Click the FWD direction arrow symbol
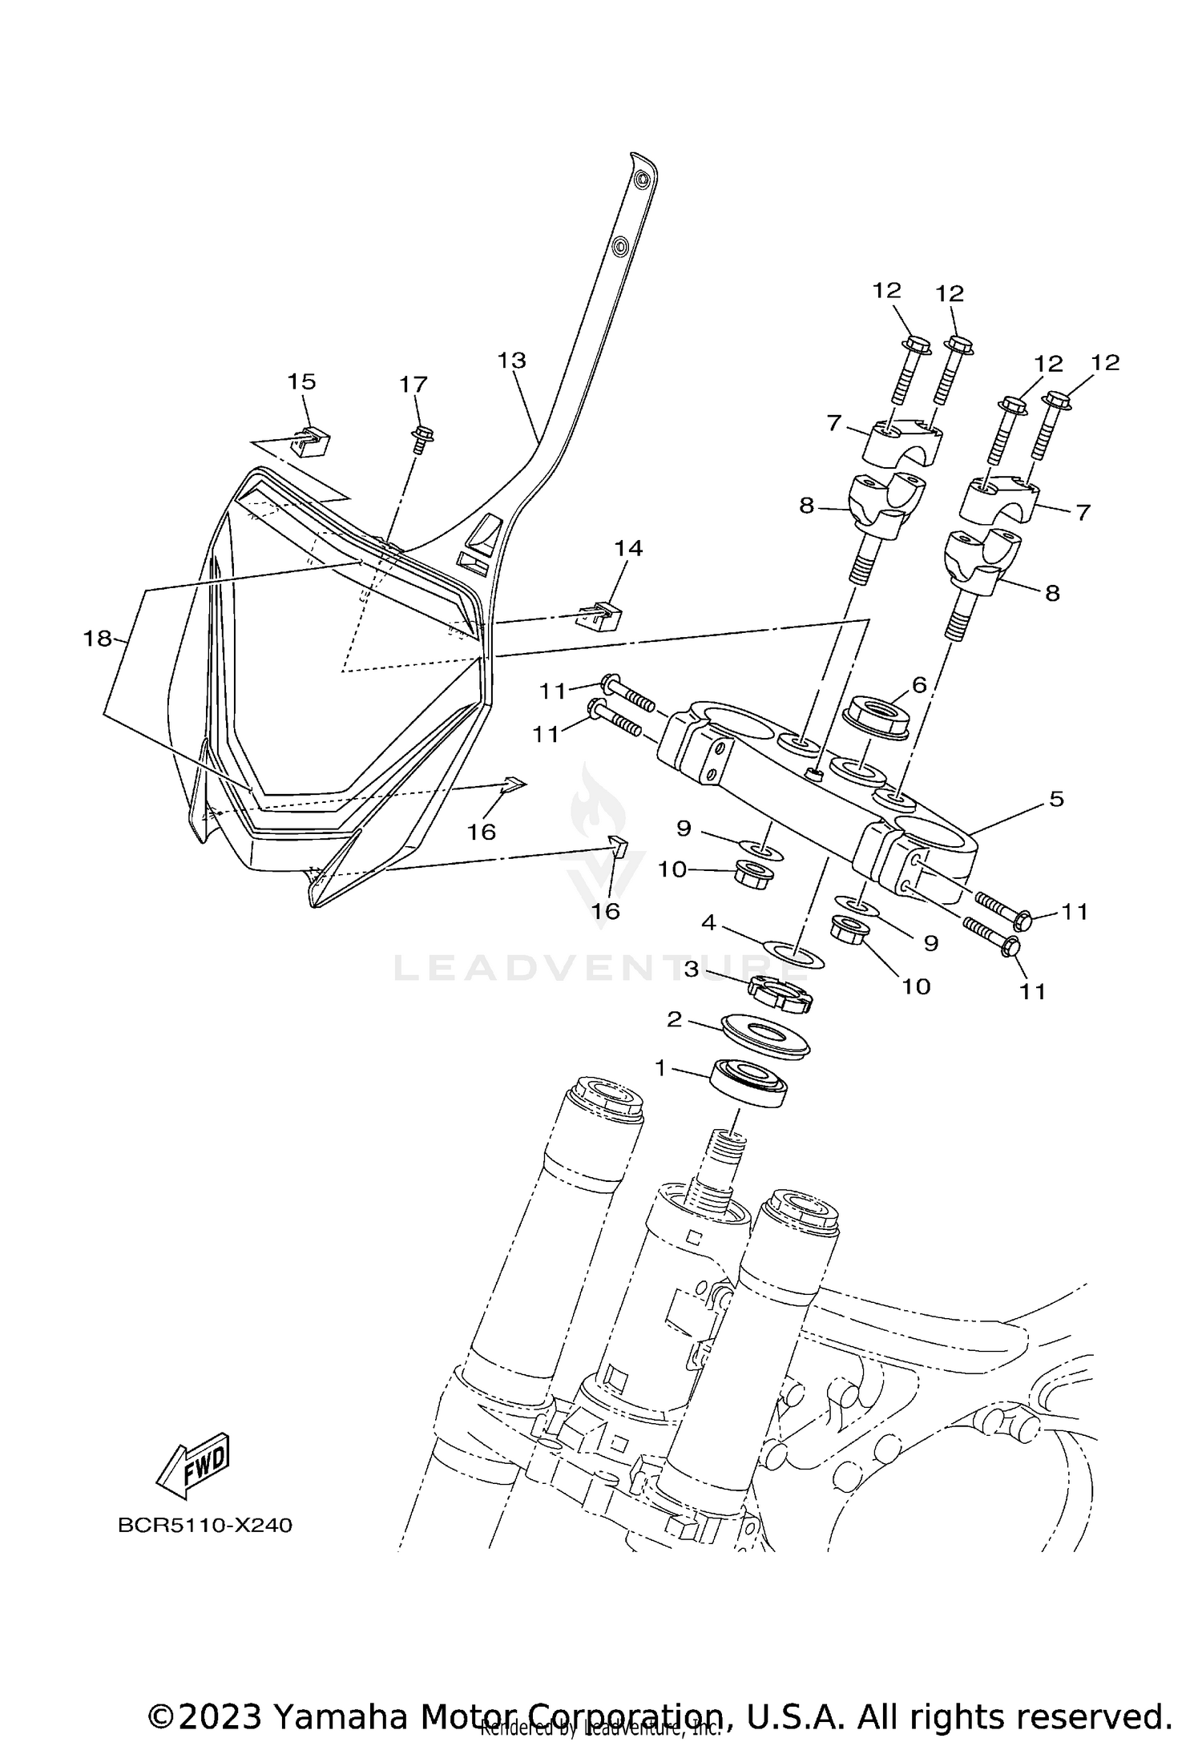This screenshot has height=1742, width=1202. click(x=192, y=1466)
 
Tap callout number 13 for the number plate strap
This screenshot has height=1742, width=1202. click(x=511, y=361)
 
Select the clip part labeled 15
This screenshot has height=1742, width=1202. click(x=312, y=442)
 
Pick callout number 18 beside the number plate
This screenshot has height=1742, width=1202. click(x=98, y=639)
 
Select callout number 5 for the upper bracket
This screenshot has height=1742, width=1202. click(x=1056, y=799)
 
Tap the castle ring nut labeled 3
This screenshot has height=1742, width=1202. click(x=780, y=994)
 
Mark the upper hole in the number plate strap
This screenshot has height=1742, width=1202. click(x=642, y=183)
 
